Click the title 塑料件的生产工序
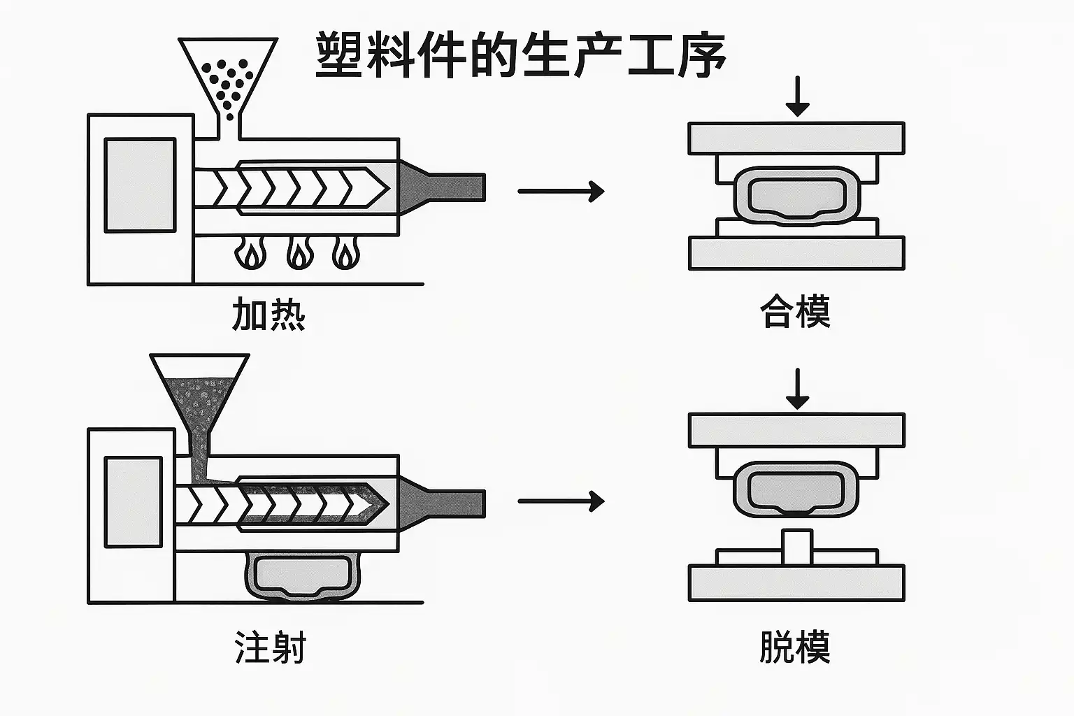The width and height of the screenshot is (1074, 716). point(520,55)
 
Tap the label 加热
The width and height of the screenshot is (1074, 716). point(268,314)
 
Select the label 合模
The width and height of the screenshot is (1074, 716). point(795,311)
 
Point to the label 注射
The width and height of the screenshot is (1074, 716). point(270,647)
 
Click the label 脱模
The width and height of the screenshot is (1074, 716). point(795,647)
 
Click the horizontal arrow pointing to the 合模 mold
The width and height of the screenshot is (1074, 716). point(561,190)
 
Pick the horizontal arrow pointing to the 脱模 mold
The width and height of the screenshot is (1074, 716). point(561,501)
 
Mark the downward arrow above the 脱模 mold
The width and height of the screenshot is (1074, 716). point(797,389)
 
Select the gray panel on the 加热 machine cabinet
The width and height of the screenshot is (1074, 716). point(140,185)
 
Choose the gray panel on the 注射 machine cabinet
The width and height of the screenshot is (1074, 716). point(133,501)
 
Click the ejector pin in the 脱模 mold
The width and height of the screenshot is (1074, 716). point(797,547)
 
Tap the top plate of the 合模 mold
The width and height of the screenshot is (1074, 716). point(796,138)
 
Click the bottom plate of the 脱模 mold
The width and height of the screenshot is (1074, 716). point(796,583)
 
